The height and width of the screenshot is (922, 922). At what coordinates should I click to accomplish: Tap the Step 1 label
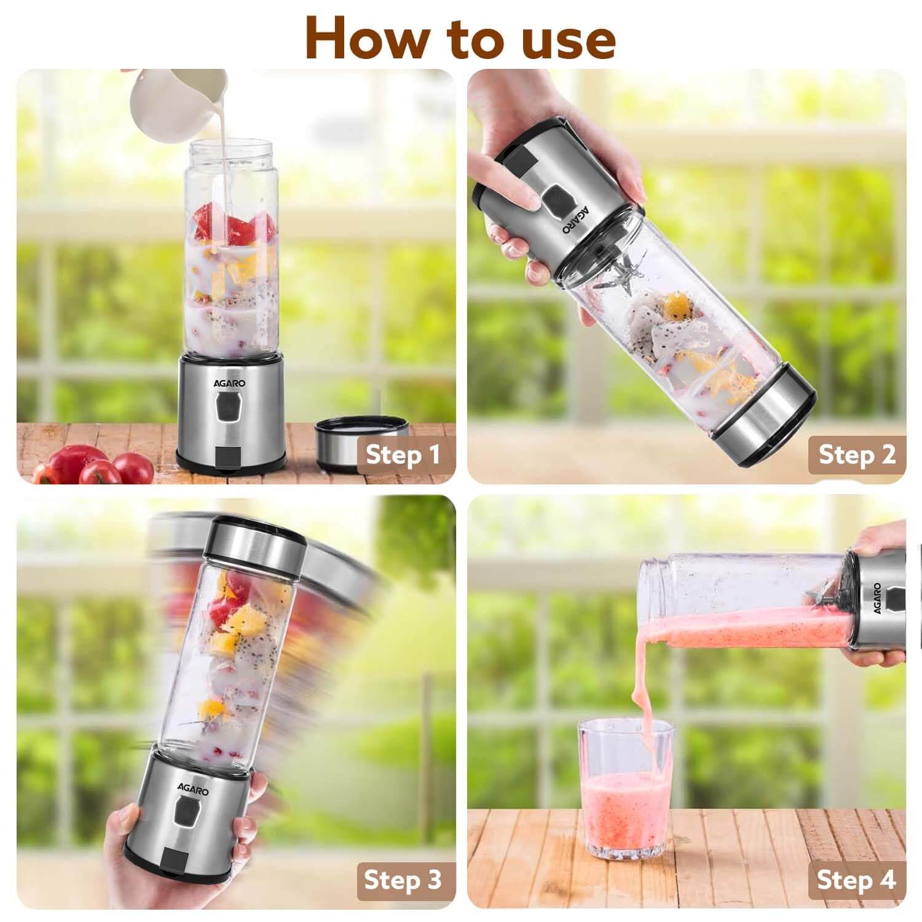click(x=403, y=455)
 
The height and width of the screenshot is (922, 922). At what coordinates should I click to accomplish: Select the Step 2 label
click(x=857, y=455)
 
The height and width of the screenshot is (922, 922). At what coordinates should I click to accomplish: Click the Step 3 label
click(x=403, y=880)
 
